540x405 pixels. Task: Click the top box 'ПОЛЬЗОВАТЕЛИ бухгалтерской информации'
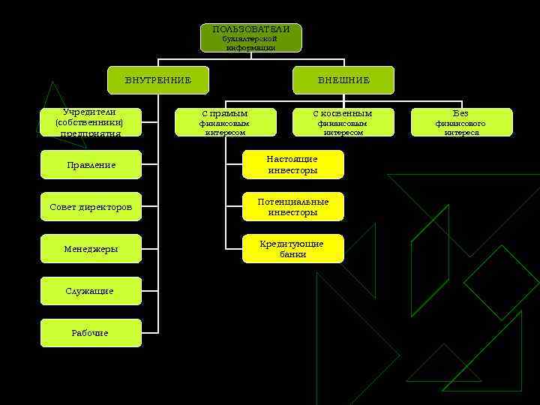[x=250, y=37]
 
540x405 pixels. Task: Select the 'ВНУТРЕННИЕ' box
[x=157, y=80]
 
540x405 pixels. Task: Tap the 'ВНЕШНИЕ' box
[x=343, y=80]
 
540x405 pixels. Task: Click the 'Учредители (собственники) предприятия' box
[x=91, y=122]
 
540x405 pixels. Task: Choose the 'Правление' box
[x=91, y=164]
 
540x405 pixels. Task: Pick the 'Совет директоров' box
[x=91, y=206]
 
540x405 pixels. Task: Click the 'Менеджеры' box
[x=91, y=248]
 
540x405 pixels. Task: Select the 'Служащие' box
[x=91, y=290]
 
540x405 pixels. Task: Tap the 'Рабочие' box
[x=91, y=332]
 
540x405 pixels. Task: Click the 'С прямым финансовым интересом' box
[x=223, y=122]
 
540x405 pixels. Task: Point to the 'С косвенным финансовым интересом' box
[x=343, y=122]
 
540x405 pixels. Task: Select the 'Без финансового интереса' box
[x=461, y=122]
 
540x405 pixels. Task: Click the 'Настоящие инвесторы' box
[x=292, y=164]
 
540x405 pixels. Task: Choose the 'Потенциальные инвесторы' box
[x=292, y=206]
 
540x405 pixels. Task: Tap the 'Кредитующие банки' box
[x=292, y=248]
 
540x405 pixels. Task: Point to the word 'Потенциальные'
[x=292, y=202]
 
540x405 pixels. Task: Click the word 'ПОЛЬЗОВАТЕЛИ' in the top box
[x=250, y=28]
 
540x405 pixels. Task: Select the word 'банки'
[x=292, y=254]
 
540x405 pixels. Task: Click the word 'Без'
[x=460, y=114]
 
